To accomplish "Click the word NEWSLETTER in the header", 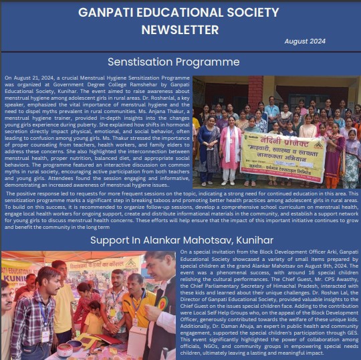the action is pyautogui.click(x=180, y=29).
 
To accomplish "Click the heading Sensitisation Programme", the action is pyautogui.click(x=173, y=62).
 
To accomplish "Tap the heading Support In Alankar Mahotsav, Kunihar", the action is pyautogui.click(x=180, y=240).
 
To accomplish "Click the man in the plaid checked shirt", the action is pyautogui.click(x=28, y=314).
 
